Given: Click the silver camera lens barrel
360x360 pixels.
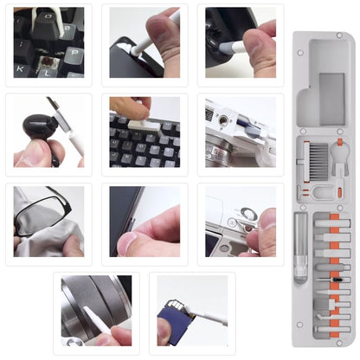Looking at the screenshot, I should click(x=82, y=303).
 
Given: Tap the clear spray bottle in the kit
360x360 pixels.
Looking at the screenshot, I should click(x=300, y=247).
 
